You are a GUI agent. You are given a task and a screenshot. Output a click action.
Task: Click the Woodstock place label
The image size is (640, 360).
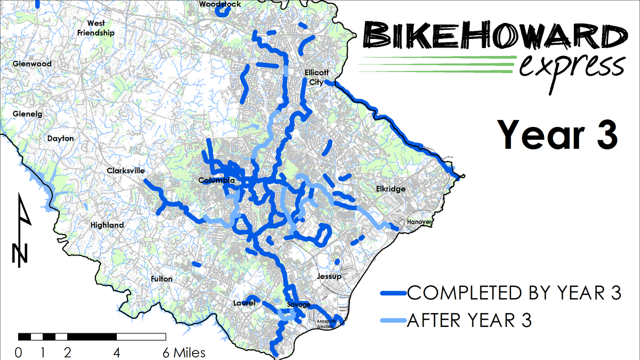tap(220, 4)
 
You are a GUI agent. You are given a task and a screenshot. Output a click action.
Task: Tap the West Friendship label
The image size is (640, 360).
tap(96, 28)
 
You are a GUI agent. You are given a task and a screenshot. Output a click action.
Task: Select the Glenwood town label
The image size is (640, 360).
tap(32, 64)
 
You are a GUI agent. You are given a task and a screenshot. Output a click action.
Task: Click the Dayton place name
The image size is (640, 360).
tap(60, 138)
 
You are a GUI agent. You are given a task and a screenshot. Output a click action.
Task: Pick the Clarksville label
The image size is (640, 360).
tap(125, 171)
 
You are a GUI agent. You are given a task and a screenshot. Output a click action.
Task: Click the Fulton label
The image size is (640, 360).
tap(162, 279)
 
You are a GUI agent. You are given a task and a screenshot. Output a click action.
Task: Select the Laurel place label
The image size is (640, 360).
tap(245, 303)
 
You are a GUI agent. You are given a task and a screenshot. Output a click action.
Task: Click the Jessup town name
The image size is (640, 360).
tap(329, 277)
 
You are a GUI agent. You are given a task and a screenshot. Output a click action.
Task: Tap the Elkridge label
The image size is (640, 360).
tap(390, 189)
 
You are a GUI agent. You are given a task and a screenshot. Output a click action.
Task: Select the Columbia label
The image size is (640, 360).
tap(216, 181)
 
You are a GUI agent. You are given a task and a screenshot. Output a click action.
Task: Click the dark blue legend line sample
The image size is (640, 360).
tap(393, 293)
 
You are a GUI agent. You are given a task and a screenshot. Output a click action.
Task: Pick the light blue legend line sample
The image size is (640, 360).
tap(393, 321)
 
